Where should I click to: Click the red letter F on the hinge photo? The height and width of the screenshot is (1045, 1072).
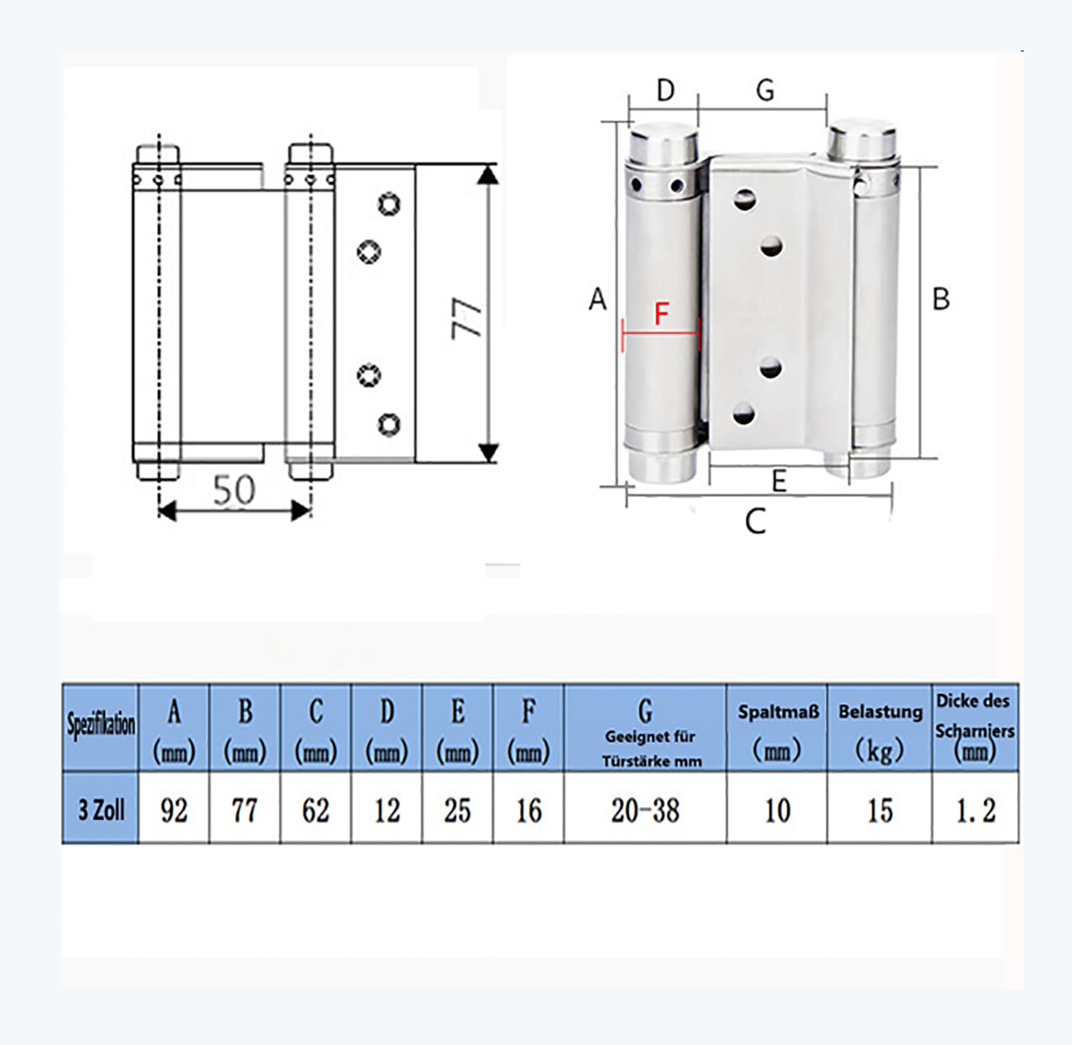[x=662, y=313]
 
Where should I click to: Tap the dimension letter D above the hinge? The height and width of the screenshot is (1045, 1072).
[x=665, y=90]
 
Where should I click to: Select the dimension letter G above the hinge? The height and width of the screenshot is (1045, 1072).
[x=765, y=90]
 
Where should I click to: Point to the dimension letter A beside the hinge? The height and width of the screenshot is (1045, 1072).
[x=598, y=299]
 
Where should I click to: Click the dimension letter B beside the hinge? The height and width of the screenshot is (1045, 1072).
[x=941, y=299]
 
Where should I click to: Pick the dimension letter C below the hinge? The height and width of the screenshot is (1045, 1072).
[x=755, y=521]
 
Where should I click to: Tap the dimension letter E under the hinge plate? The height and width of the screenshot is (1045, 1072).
[x=779, y=481]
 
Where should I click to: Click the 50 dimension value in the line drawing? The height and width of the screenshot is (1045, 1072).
[x=234, y=490]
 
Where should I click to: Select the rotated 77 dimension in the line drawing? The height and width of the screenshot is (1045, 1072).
[x=467, y=320]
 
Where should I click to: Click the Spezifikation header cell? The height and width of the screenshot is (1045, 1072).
[x=100, y=727]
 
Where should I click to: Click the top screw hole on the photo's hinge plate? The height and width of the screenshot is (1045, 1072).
[x=744, y=198]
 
